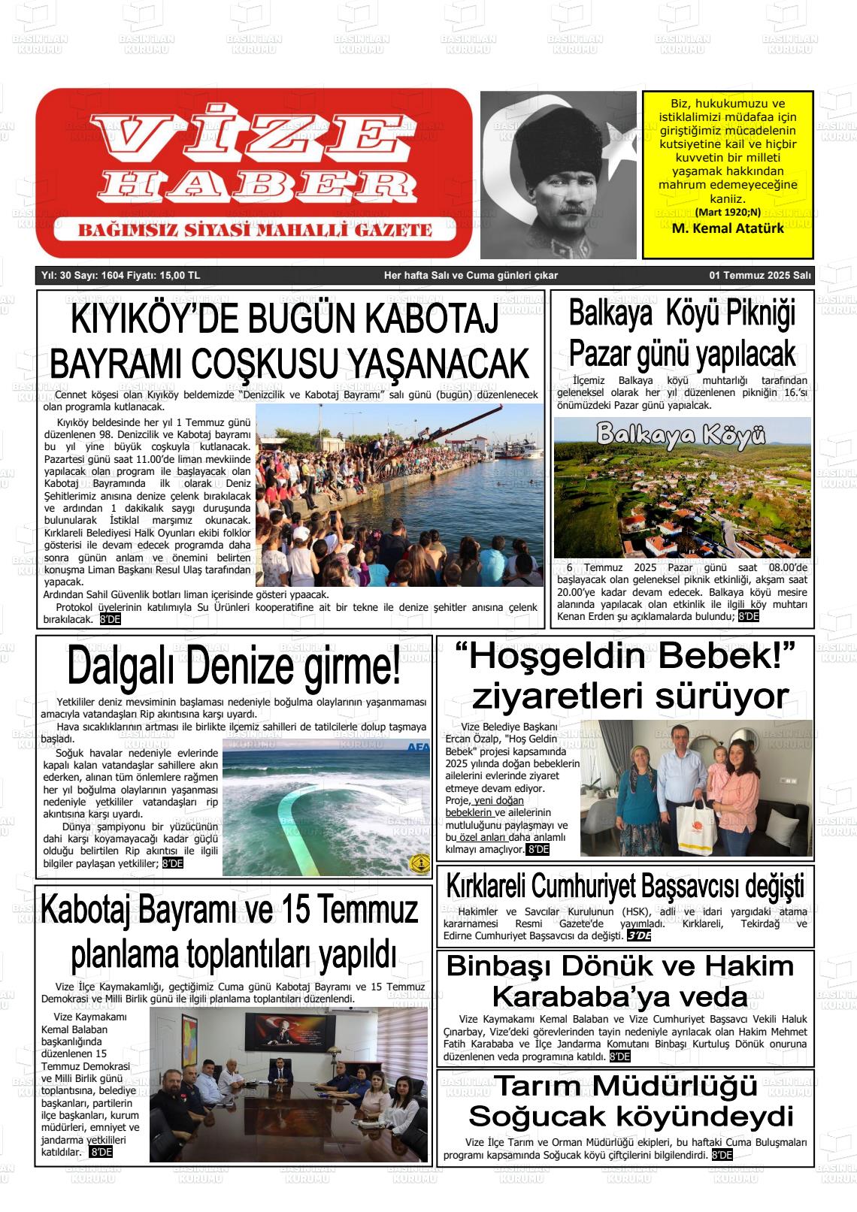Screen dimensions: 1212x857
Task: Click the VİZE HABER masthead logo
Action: point(254,173)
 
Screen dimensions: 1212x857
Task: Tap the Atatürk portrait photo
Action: point(558,174)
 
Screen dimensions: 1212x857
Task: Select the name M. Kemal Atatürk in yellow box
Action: point(727,228)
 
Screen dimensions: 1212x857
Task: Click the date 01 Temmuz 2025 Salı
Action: point(760,276)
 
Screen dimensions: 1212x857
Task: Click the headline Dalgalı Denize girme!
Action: point(234,666)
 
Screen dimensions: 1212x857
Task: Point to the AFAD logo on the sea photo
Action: point(417,748)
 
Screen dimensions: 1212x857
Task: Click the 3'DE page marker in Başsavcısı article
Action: point(639,936)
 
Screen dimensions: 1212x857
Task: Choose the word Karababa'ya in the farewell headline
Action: point(620,997)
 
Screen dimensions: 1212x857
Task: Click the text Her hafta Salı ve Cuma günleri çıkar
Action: point(471,276)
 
